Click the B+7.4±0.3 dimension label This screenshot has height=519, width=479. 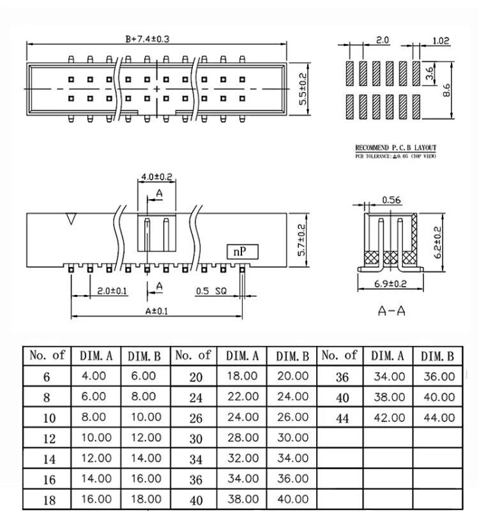pos(147,39)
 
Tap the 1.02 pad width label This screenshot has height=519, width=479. pos(441,41)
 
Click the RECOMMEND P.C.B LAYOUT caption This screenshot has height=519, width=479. pos(396,150)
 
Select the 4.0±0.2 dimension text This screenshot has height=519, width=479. pos(156,177)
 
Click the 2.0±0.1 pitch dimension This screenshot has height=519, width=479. pos(112,291)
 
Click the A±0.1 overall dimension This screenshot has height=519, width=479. pos(157,312)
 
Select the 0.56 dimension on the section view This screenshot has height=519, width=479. pos(390,200)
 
